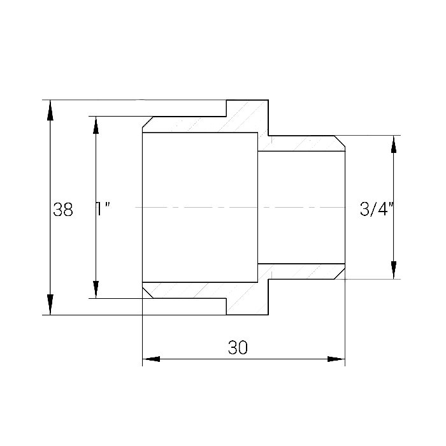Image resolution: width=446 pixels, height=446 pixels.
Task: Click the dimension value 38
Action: (x=63, y=210)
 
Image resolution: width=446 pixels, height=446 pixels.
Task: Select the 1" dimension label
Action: (x=103, y=210)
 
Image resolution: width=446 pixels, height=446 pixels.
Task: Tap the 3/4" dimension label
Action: (x=376, y=209)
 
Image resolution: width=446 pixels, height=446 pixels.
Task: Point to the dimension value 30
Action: (x=238, y=347)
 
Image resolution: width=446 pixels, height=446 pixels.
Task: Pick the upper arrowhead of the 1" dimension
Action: (x=96, y=125)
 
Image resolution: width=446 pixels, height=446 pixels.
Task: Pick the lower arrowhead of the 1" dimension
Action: (x=96, y=289)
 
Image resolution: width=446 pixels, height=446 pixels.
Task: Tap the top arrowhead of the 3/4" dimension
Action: (x=394, y=145)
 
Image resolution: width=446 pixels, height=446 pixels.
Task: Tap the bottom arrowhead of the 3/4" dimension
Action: (x=394, y=270)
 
